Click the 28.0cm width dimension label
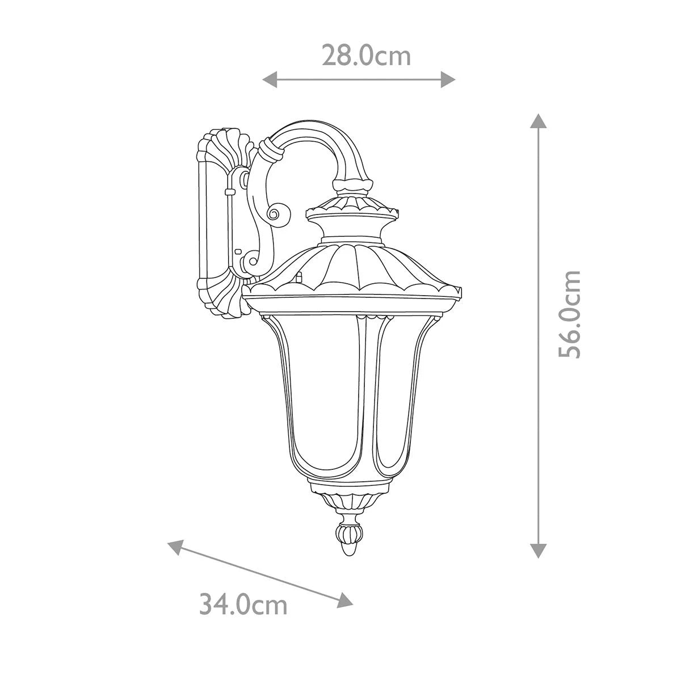366,56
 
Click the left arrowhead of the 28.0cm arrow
270,79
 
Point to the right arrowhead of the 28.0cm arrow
448,79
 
